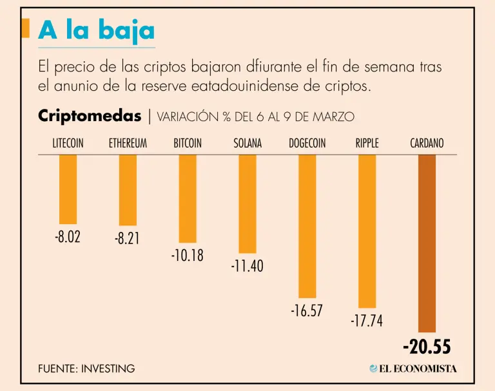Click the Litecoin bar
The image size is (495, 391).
tap(68, 189)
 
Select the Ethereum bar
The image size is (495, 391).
tap(128, 190)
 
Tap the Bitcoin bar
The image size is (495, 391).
tap(188, 198)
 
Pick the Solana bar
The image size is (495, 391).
tap(247, 204)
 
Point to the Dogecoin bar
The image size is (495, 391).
tap(307, 225)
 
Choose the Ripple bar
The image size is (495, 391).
tap(367, 231)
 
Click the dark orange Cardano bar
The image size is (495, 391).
tap(427, 243)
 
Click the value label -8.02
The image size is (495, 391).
tap(68, 236)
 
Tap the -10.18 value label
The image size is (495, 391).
tap(188, 255)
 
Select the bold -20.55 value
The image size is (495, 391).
tap(427, 347)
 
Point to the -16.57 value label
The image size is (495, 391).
tap(307, 311)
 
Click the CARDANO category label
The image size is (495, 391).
tap(427, 144)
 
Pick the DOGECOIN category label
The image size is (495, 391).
tap(307, 144)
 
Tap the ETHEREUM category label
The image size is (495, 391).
tap(128, 144)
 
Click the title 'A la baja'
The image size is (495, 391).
tap(97, 30)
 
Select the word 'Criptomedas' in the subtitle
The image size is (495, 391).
tap(90, 116)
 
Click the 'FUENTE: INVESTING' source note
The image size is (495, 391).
tap(86, 368)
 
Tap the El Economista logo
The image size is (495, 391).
tap(413, 368)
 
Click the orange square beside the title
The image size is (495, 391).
tap(25, 28)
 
